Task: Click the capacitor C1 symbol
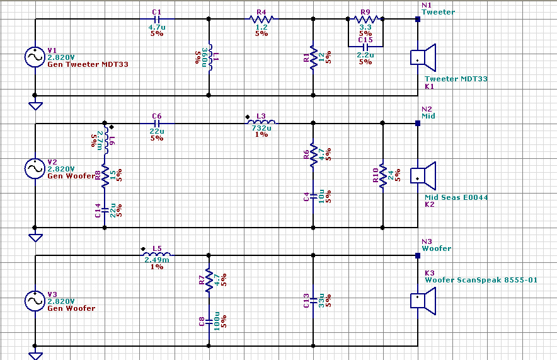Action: (x=158, y=19)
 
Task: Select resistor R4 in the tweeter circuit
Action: (x=261, y=19)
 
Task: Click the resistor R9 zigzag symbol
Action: (x=365, y=19)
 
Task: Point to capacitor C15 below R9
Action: (x=365, y=46)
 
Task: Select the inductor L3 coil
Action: (x=261, y=123)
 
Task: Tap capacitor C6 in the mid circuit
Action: (x=158, y=124)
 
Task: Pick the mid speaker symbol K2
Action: (x=423, y=176)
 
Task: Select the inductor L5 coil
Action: (x=157, y=255)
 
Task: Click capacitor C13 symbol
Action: (x=313, y=300)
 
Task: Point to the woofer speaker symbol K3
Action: (x=423, y=301)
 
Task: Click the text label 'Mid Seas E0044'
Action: (x=456, y=197)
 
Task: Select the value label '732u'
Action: (x=261, y=128)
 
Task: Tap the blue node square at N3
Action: (x=417, y=255)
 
